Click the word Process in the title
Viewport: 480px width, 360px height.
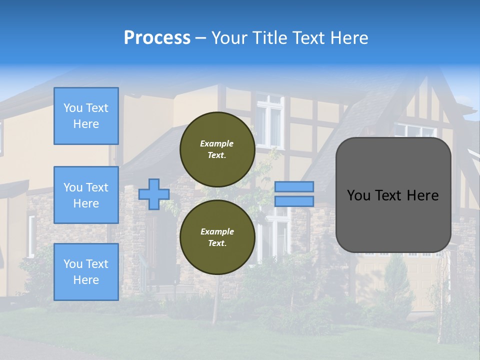pos(157,37)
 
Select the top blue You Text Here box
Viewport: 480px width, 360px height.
pos(86,116)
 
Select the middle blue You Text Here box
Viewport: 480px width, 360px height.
pos(86,195)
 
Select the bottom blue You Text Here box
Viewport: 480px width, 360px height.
pos(86,272)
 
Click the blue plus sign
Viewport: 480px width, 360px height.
pos(153,194)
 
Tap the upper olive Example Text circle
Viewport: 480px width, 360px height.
pos(217,149)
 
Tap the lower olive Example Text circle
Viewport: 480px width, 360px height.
pos(217,237)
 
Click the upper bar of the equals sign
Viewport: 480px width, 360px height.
pos(294,186)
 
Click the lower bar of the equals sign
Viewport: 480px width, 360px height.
pos(294,201)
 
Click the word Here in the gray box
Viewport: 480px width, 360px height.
pos(422,195)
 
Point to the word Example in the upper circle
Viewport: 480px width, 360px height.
pos(216,143)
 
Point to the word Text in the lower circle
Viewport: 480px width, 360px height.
pos(216,243)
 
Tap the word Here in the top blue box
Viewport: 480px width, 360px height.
pos(86,124)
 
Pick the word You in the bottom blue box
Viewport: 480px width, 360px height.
pos(73,264)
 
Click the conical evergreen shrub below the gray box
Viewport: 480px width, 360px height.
pos(397,280)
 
